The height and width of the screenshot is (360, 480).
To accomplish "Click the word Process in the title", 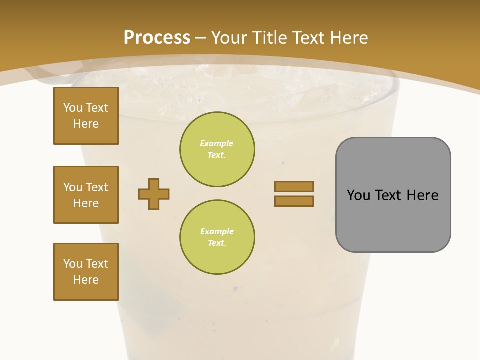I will tap(157, 37).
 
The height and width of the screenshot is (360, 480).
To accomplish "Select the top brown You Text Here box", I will tap(86, 116).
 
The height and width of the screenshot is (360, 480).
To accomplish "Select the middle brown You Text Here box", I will tap(86, 195).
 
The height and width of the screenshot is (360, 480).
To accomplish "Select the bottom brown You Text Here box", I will tap(86, 272).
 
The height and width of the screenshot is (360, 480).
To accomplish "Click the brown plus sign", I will tap(154, 194).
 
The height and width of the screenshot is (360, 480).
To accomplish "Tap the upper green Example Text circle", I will tap(217, 149).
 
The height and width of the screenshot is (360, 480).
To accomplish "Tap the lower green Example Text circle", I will tap(217, 237).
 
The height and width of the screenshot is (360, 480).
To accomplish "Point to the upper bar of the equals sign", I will tap(294, 186).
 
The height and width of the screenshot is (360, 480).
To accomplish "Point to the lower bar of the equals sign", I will tap(294, 201).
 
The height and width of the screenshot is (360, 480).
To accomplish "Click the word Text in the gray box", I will tap(389, 195).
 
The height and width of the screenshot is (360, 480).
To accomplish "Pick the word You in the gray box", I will tap(358, 195).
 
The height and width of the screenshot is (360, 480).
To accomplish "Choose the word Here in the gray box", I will tap(422, 195).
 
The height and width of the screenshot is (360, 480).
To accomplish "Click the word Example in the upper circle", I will tap(217, 143).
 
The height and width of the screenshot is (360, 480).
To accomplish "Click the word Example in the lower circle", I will tap(217, 231).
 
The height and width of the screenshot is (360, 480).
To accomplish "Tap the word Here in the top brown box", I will tap(86, 124).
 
